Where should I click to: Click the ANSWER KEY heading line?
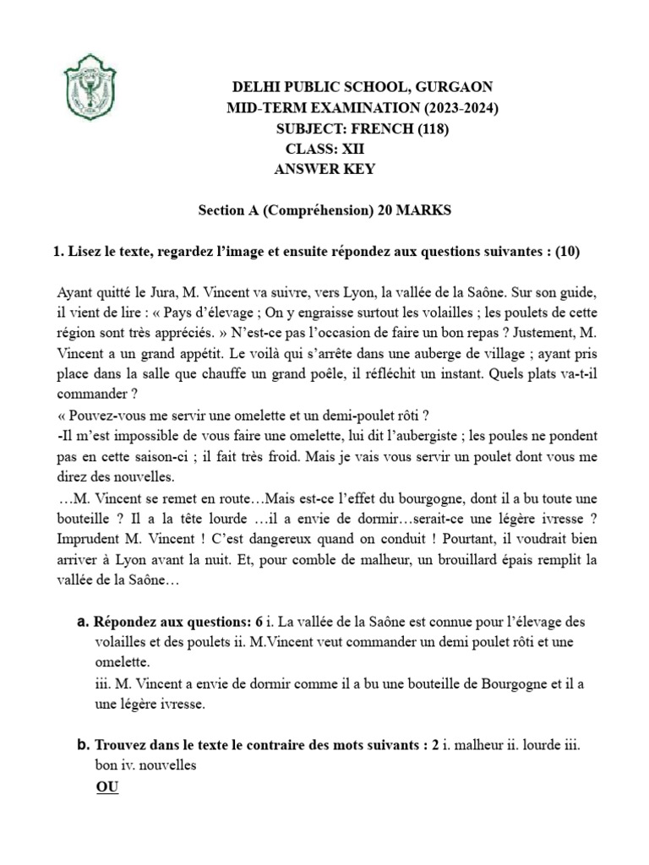tap(325, 169)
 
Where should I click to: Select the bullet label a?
tap(83, 622)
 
